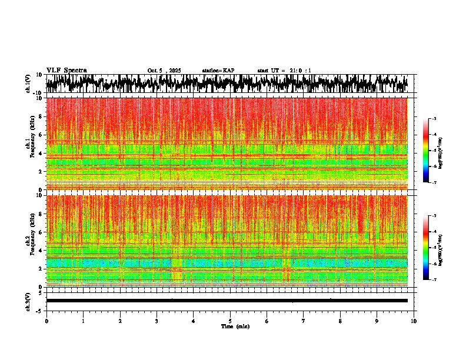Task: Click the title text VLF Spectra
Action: tap(66, 70)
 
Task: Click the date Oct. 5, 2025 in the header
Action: tap(164, 71)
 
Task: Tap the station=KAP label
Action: tap(218, 71)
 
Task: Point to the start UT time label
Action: tap(284, 71)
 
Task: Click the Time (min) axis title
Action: tap(235, 326)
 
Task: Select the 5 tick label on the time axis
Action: tap(230, 321)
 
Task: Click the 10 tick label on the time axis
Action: tap(414, 321)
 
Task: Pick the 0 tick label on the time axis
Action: tap(46, 321)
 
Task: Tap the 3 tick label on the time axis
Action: tap(157, 321)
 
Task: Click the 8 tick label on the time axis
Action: tap(340, 321)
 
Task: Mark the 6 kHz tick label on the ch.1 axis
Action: tap(41, 135)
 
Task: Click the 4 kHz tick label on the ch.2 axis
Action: tap(41, 250)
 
